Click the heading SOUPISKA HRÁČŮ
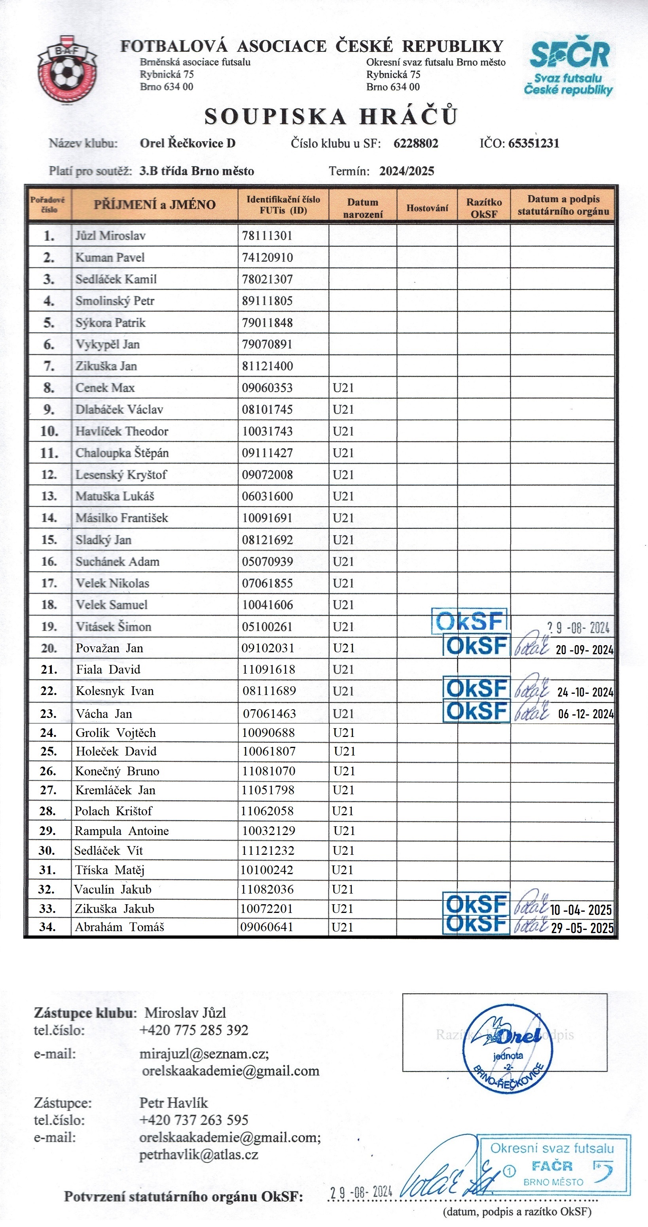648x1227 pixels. pyautogui.click(x=331, y=117)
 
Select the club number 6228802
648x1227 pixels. pyautogui.click(x=415, y=143)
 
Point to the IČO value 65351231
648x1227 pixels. pyautogui.click(x=534, y=143)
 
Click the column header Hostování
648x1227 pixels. pyautogui.click(x=427, y=208)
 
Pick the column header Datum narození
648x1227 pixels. pyautogui.click(x=363, y=208)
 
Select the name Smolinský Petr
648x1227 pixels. pyautogui.click(x=115, y=301)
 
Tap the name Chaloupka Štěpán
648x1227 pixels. pyautogui.click(x=122, y=453)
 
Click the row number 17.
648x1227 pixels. pyautogui.click(x=49, y=583)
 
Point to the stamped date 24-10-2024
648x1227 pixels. pyautogui.click(x=585, y=692)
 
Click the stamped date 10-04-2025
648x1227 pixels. pyautogui.click(x=581, y=910)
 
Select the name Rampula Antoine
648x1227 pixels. pyautogui.click(x=121, y=831)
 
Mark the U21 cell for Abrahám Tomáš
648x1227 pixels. pyautogui.click(x=342, y=927)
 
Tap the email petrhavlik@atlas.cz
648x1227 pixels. pyautogui.click(x=199, y=1155)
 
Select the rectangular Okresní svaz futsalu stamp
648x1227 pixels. pyautogui.click(x=554, y=1165)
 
